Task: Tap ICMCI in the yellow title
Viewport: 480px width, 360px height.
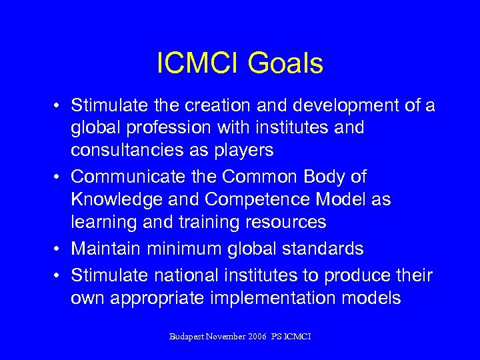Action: coord(199,64)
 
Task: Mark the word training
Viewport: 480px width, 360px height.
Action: coord(203,222)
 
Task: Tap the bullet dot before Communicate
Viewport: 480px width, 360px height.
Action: coord(59,178)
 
